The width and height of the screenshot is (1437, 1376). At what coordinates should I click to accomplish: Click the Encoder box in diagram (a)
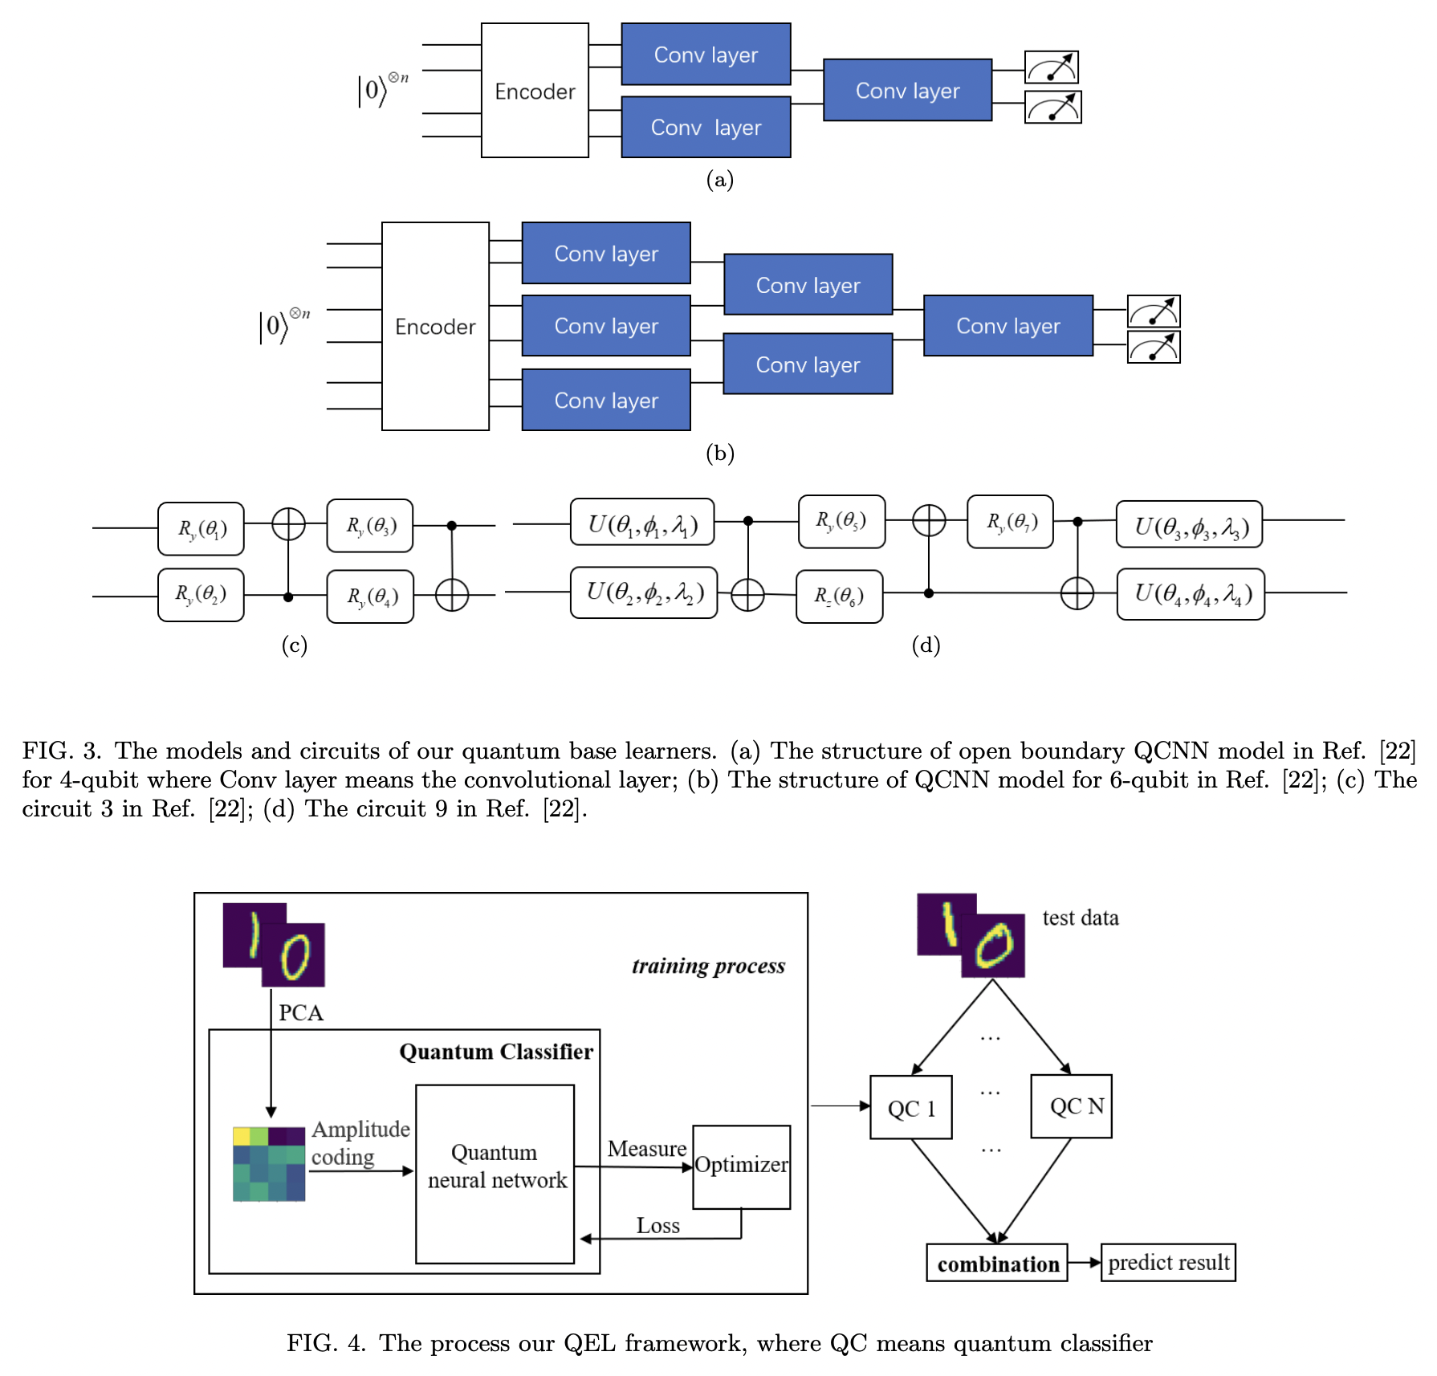[535, 91]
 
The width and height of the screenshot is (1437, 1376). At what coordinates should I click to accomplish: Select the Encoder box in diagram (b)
[435, 327]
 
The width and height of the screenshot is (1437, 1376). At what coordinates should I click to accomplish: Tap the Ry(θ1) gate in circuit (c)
[201, 529]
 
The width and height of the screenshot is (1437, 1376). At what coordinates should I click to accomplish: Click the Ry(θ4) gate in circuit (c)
[370, 597]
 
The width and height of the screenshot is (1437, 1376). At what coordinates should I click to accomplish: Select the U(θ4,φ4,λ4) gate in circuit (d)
[1191, 595]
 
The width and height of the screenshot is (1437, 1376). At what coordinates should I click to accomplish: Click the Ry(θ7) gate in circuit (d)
[1010, 522]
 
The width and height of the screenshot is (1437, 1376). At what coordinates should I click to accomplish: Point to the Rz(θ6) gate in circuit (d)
[839, 596]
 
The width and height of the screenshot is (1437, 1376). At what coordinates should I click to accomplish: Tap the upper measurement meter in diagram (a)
[1051, 67]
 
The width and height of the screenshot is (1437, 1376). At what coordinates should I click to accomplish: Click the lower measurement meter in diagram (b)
[1153, 348]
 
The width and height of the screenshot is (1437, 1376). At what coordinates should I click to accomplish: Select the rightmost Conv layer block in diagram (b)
[1008, 326]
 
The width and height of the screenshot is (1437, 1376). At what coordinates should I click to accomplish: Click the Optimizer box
[741, 1166]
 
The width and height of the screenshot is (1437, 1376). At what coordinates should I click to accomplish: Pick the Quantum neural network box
[495, 1174]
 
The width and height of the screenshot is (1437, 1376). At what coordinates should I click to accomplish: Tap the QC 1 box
[911, 1107]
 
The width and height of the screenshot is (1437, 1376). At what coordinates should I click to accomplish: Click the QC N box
[1072, 1106]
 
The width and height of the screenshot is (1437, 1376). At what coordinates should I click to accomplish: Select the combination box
[997, 1263]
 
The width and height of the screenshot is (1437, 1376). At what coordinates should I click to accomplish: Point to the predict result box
[1168, 1263]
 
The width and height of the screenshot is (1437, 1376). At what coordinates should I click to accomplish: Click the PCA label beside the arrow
[301, 1013]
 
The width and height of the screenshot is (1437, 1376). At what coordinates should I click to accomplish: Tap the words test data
[1080, 918]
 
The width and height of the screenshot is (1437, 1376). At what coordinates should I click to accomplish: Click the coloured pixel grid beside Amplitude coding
[269, 1163]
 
